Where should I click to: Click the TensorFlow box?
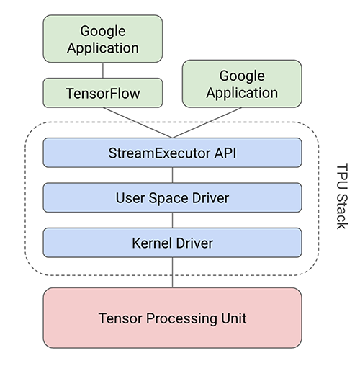click(x=102, y=94)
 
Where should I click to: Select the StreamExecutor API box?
click(x=172, y=152)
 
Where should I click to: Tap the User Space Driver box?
click(x=172, y=197)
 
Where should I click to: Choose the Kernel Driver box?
click(x=172, y=242)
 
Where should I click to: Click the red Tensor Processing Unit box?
click(x=172, y=318)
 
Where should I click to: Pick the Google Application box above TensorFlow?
click(x=102, y=40)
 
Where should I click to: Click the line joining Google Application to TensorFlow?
click(x=102, y=70)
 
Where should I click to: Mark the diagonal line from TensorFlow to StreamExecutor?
click(x=137, y=122)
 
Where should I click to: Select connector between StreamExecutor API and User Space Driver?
click(x=172, y=174)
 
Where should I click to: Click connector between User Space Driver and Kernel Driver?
click(x=172, y=220)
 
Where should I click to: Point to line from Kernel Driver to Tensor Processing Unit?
click(x=172, y=272)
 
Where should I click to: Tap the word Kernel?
click(x=148, y=242)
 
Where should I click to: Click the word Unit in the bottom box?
click(x=232, y=318)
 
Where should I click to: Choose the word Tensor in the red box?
click(x=119, y=318)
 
